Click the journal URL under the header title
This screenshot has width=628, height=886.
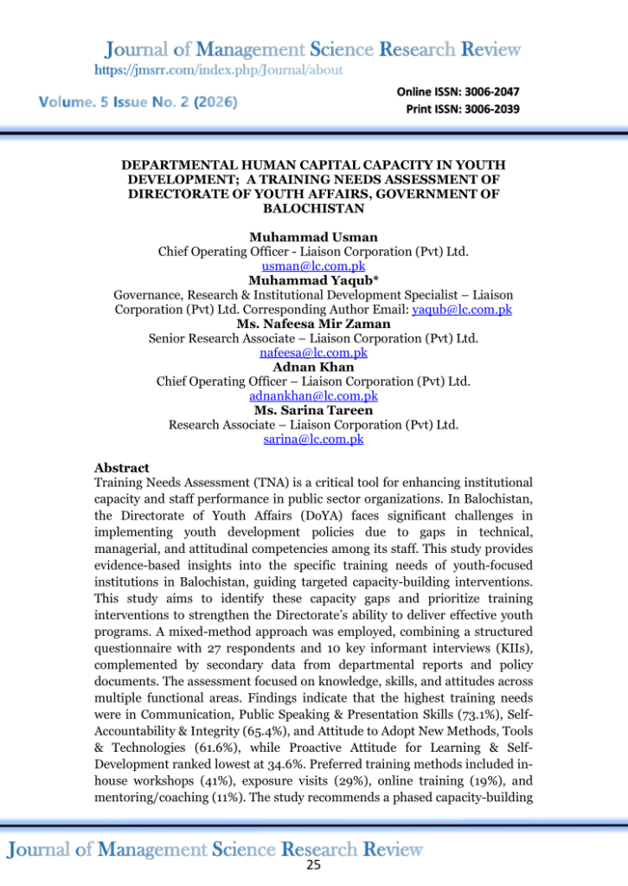218,69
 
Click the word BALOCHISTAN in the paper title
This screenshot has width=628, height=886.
313,208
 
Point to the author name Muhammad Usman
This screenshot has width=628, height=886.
313,237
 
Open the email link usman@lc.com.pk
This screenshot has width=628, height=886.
313,266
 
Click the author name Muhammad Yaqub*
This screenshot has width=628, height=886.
313,280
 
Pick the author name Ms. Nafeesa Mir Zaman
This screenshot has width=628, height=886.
313,324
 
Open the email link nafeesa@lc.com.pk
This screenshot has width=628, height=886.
313,353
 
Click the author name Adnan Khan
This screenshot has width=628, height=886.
313,367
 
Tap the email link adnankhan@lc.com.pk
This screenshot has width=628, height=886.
313,395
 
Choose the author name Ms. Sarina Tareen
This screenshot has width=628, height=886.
313,410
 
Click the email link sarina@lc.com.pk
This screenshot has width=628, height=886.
313,439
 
